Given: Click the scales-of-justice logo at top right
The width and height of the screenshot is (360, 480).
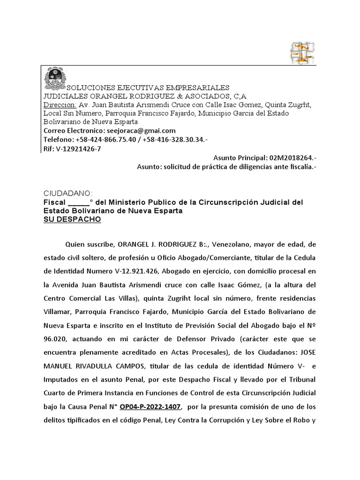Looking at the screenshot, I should tap(302, 53).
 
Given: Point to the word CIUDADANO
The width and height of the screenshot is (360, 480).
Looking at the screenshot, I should tap(68, 194).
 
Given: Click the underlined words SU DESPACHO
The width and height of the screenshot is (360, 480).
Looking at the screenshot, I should tap(72, 220).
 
